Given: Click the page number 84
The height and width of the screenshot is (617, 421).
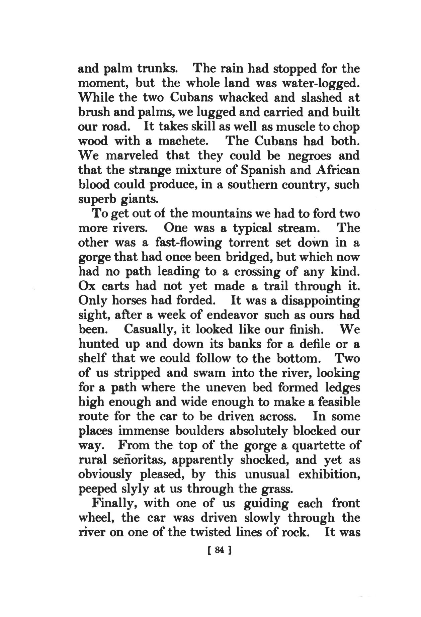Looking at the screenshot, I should pyautogui.click(x=219, y=550).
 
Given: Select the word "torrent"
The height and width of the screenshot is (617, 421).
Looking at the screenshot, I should pyautogui.click(x=254, y=242).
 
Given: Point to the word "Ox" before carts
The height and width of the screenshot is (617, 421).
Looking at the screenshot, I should pyautogui.click(x=86, y=286).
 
